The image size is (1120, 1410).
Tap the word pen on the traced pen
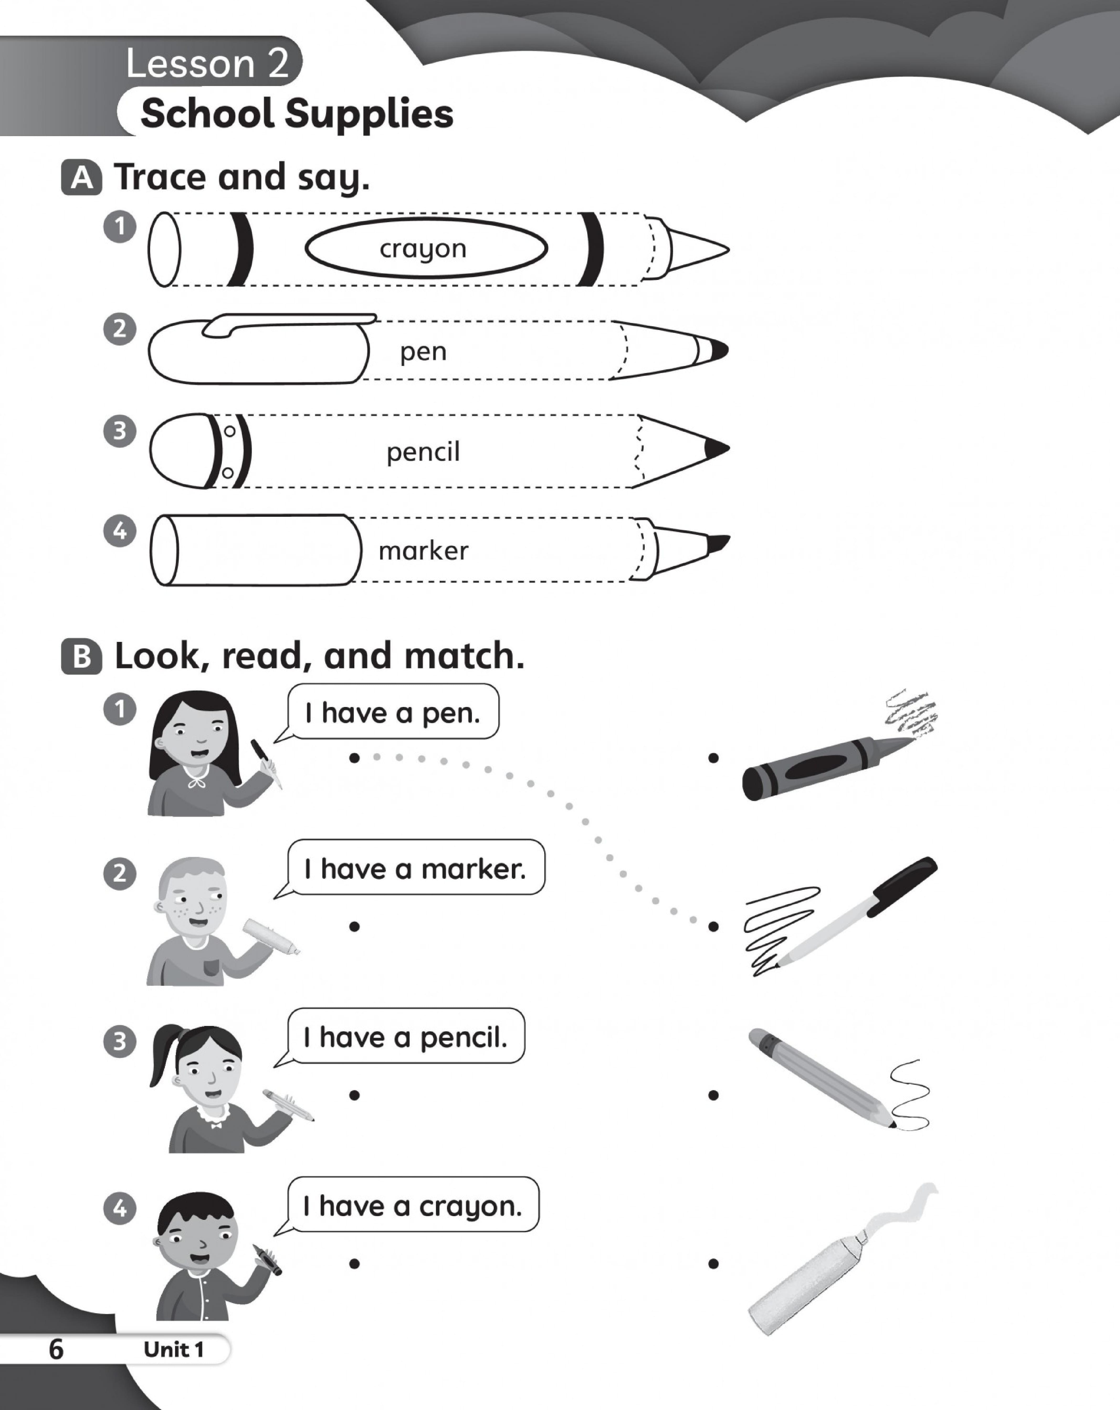[x=423, y=352]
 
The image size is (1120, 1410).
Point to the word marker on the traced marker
[x=423, y=551]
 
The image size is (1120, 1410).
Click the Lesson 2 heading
[x=207, y=63]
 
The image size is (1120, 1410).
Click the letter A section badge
[x=82, y=178]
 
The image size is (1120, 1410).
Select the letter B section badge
[x=82, y=657]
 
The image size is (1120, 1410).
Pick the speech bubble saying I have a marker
[x=416, y=869]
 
